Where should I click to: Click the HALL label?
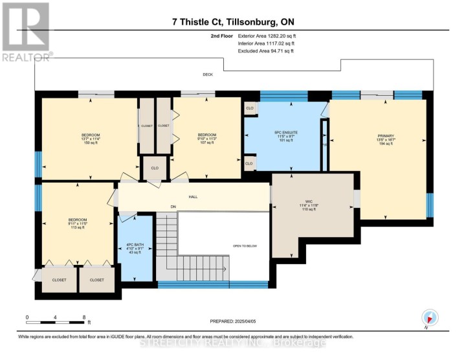click(193, 196)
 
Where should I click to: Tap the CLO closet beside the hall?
click(155, 168)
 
